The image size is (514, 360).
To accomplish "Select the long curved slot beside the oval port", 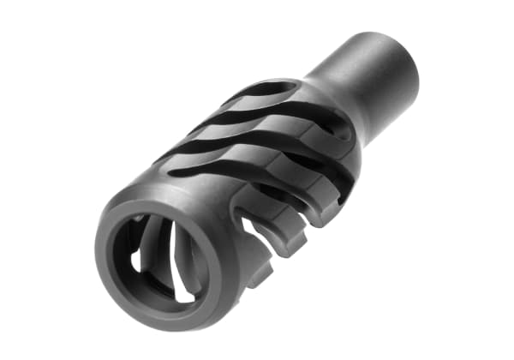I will point(257,112).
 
